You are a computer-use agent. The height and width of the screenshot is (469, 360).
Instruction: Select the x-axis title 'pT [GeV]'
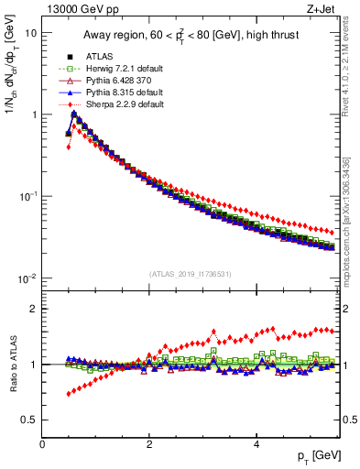(x=316, y=455)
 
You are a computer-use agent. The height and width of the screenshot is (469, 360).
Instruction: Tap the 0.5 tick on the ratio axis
(x=30, y=420)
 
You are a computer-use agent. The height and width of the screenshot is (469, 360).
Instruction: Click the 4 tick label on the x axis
(x=256, y=443)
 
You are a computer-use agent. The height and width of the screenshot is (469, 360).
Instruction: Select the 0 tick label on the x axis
(x=42, y=443)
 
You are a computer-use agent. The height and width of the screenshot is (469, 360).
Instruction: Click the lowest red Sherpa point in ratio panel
(x=69, y=395)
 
